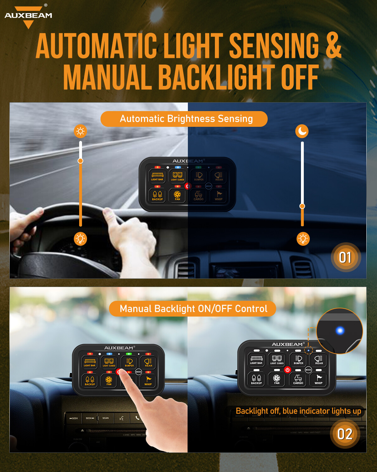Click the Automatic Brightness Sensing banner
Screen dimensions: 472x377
tap(184, 119)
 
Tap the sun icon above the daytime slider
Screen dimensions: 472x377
tap(80, 131)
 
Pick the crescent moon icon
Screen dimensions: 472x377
tap(302, 131)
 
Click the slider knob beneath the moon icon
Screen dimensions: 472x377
tap(302, 206)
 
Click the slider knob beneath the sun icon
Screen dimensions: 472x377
tap(80, 161)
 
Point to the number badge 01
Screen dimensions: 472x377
tap(345, 257)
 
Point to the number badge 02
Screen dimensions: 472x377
tap(345, 434)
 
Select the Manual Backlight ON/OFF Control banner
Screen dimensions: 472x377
tap(193, 309)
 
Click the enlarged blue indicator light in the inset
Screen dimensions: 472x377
tap(340, 330)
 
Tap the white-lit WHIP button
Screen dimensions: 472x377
tap(319, 379)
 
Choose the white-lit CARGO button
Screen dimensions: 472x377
tap(298, 379)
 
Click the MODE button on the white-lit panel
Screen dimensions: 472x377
tap(308, 370)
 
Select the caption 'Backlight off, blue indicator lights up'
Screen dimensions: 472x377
tap(298, 411)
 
